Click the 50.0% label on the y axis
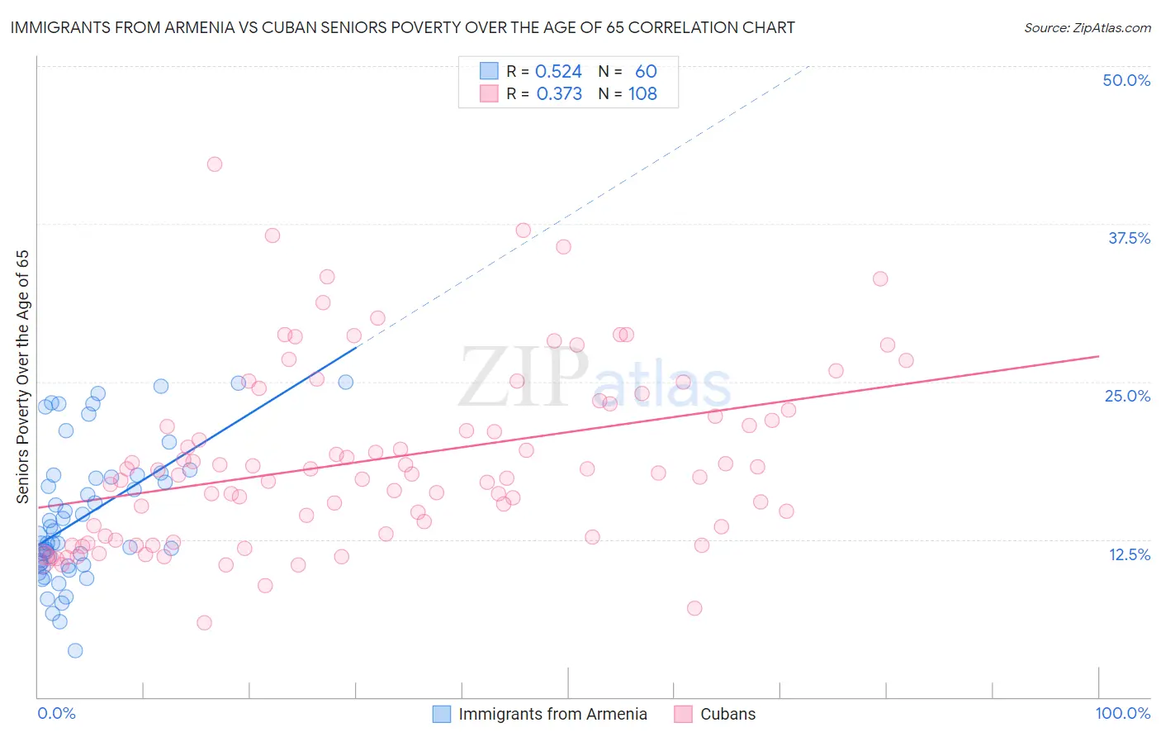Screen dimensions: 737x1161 pyautogui.click(x=1126, y=80)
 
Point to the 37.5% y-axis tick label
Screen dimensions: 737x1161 pyautogui.click(x=1129, y=238)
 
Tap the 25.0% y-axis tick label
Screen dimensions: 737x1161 pyautogui.click(x=1127, y=396)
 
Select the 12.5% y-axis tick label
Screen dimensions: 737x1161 pyautogui.click(x=1129, y=554)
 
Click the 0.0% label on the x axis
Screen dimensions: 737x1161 pyautogui.click(x=56, y=713)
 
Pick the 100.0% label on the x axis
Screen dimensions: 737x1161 pyautogui.click(x=1122, y=713)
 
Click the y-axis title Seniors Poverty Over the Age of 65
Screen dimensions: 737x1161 pyautogui.click(x=22, y=377)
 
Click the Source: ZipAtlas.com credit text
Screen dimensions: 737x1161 pyautogui.click(x=1087, y=28)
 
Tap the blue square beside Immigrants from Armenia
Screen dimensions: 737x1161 pyautogui.click(x=442, y=714)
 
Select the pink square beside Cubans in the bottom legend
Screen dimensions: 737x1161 pyautogui.click(x=683, y=714)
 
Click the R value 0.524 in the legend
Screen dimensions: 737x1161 pyautogui.click(x=558, y=72)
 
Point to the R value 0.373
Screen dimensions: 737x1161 pyautogui.click(x=559, y=94)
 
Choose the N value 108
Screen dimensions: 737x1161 pyautogui.click(x=642, y=94)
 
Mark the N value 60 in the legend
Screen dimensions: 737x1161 pyautogui.click(x=646, y=72)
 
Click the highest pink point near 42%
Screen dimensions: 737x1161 pyautogui.click(x=215, y=164)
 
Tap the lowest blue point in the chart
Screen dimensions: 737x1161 pyautogui.click(x=75, y=650)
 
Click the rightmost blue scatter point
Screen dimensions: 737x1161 pyautogui.click(x=346, y=382)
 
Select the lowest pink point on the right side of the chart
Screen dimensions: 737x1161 pyautogui.click(x=694, y=608)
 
